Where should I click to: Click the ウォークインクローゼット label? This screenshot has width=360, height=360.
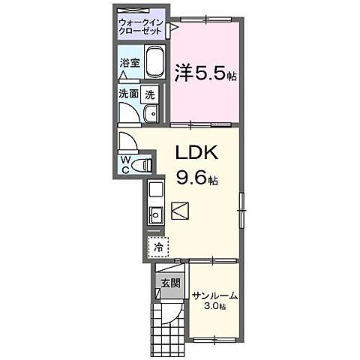[140, 27]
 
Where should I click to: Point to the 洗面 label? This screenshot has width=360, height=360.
[128, 94]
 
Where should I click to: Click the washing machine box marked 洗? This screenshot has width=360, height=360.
[150, 94]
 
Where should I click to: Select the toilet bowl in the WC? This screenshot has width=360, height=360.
[146, 163]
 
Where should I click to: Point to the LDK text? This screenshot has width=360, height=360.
[196, 152]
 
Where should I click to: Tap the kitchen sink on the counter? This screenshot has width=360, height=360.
[157, 215]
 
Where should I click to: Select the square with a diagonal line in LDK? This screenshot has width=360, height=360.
[181, 211]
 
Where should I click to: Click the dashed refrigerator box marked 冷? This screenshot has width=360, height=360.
[157, 246]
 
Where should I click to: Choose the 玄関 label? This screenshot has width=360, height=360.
[169, 283]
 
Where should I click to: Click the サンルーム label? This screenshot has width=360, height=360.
[214, 295]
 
